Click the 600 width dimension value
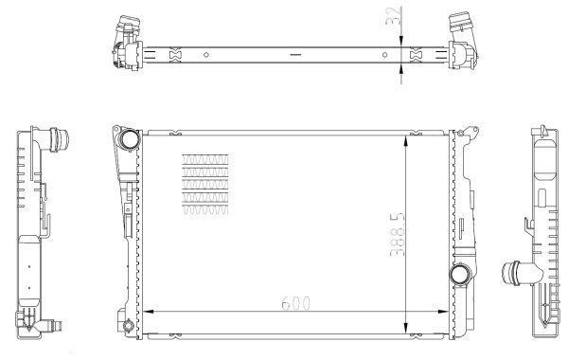pos(296,303)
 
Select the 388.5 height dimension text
pos(397,235)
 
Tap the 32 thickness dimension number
pos(394,15)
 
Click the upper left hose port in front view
pos(129,139)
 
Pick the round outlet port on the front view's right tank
pos(460,274)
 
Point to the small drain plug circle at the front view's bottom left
pos(128,325)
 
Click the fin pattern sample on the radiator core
pos(205,184)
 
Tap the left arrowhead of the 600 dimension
pos(149,312)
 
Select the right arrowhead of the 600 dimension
pos(443,312)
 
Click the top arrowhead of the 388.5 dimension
pos(406,140)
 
